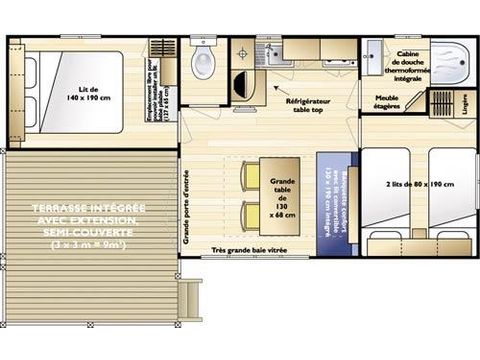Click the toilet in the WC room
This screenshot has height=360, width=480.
pos(205,65)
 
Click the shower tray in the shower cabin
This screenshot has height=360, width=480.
pos(455,60)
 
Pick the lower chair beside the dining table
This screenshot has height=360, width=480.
pos(250,213)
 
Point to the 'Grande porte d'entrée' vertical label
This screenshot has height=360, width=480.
pos(187,204)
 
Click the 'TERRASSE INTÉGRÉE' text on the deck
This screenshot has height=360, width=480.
pos(89,208)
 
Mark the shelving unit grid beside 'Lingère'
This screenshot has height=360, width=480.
pos(441,105)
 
